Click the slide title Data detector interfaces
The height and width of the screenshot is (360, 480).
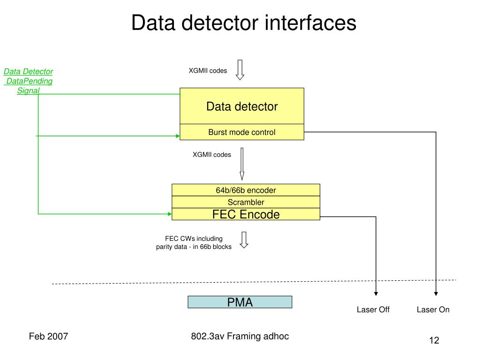(x=244, y=22)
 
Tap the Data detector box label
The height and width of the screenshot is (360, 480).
(x=242, y=106)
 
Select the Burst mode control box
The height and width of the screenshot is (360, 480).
(x=242, y=132)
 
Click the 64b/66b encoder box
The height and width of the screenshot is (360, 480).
(x=246, y=190)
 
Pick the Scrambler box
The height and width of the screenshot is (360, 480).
(x=246, y=202)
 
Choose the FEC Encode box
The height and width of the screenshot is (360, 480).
(x=246, y=214)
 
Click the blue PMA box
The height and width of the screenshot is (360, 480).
(x=240, y=302)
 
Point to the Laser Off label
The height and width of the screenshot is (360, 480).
(x=373, y=309)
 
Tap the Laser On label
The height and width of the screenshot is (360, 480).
(x=433, y=309)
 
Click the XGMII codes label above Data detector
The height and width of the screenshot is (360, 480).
(x=208, y=71)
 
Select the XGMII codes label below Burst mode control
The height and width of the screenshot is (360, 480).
(x=212, y=155)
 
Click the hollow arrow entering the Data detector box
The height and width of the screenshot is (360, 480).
(x=240, y=70)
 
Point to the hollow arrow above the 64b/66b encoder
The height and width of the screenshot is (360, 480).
(x=242, y=164)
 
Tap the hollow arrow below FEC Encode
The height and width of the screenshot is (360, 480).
(x=244, y=240)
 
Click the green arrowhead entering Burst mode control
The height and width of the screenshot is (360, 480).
(x=178, y=136)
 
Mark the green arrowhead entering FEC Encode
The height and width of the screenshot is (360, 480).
(x=170, y=214)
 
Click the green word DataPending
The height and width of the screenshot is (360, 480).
(x=30, y=81)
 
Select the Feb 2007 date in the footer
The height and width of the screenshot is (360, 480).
(x=48, y=336)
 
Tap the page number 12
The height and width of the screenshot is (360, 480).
(x=434, y=340)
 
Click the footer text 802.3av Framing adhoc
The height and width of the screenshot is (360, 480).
(x=240, y=336)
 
